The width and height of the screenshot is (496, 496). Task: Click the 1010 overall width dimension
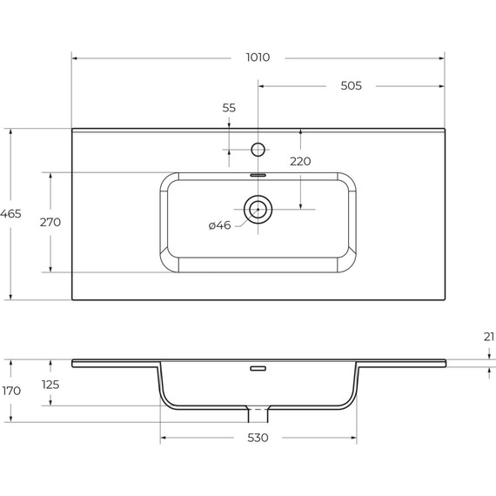[258, 57]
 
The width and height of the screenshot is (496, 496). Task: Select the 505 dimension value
[351, 85]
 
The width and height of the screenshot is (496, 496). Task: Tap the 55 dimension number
[229, 108]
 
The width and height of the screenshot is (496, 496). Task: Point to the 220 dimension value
[300, 161]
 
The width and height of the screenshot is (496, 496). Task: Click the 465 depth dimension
[11, 213]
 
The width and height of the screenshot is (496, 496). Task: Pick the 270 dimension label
[50, 222]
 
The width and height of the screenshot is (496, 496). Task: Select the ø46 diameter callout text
[219, 225]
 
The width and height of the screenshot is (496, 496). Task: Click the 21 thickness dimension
[488, 336]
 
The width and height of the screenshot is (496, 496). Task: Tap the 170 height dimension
[11, 391]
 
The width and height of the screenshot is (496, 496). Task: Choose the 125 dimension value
[50, 384]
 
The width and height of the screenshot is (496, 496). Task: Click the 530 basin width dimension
[258, 438]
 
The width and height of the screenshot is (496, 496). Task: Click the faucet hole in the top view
[258, 149]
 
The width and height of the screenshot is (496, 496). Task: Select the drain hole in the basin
[258, 209]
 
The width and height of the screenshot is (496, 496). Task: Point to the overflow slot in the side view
[258, 369]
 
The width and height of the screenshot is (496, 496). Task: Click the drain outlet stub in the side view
[258, 408]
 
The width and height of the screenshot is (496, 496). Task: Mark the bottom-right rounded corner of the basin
[348, 264]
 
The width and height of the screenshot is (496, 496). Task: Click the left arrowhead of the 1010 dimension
[75, 57]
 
